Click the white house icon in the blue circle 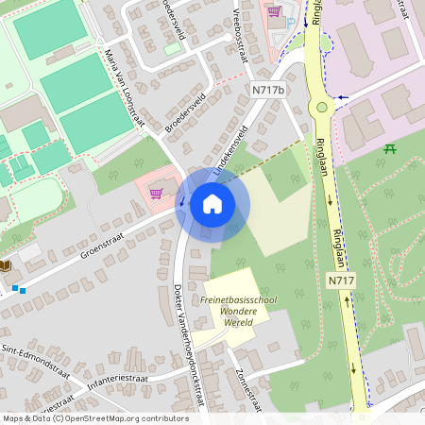212,203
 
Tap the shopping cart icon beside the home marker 156,194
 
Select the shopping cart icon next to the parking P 274,11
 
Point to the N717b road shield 268,89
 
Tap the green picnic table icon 389,149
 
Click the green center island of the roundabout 322,107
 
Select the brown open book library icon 6,267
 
